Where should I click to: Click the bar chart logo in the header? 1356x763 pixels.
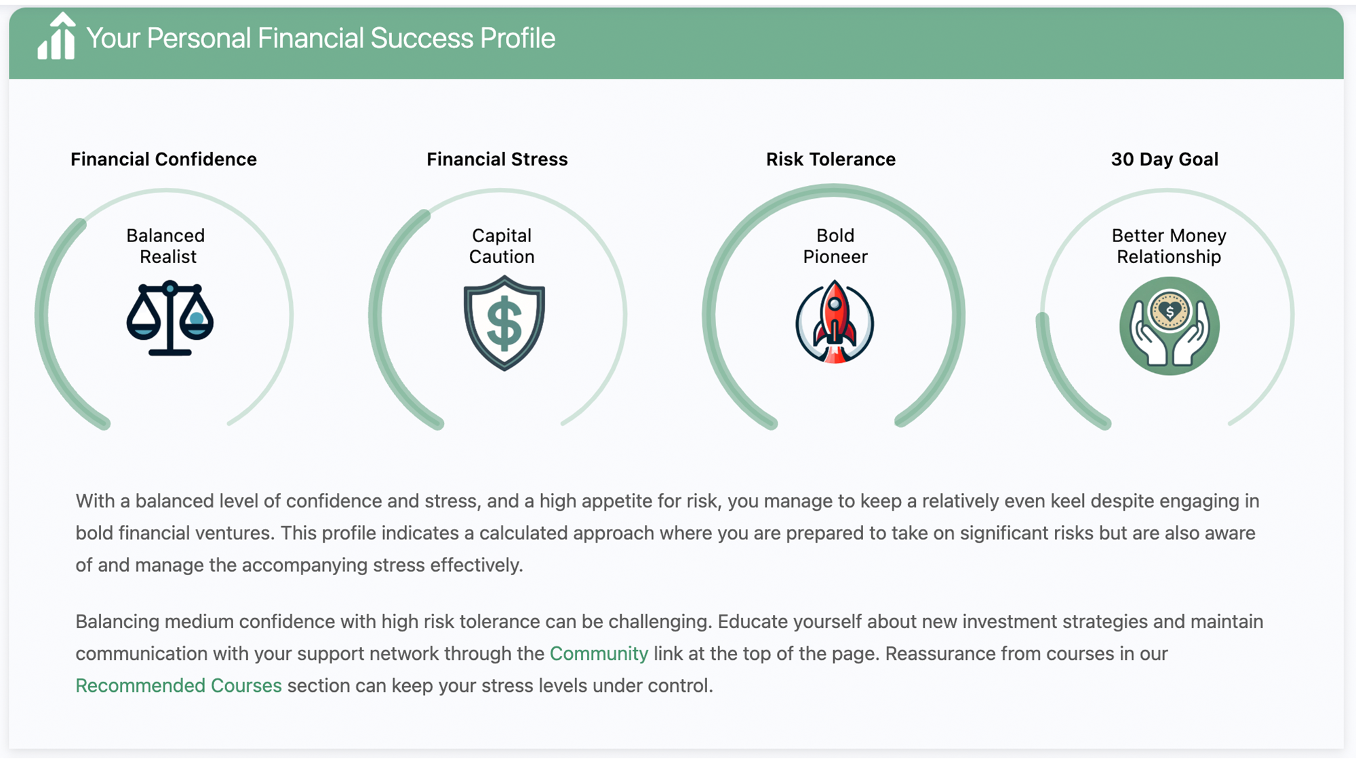[56, 38]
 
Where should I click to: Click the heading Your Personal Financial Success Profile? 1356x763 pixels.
[321, 39]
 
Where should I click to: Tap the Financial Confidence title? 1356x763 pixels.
[163, 159]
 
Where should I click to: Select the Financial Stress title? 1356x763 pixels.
[497, 159]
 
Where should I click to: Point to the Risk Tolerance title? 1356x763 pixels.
[831, 159]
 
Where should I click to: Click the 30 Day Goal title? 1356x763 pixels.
[1164, 159]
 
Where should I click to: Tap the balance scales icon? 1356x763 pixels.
[169, 318]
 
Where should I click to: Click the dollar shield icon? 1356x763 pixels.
[504, 323]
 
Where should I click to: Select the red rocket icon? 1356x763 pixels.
[835, 322]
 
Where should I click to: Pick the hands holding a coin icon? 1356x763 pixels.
[1169, 326]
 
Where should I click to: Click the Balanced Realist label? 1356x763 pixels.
[167, 246]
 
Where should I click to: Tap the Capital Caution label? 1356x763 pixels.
[502, 246]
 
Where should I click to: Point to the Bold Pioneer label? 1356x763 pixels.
[835, 246]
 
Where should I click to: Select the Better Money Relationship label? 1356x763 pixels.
[1169, 246]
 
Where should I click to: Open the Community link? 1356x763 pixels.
[599, 654]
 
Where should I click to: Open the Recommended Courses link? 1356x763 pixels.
[178, 686]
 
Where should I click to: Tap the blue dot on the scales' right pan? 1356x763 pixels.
[197, 318]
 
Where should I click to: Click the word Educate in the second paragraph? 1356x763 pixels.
[751, 622]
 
